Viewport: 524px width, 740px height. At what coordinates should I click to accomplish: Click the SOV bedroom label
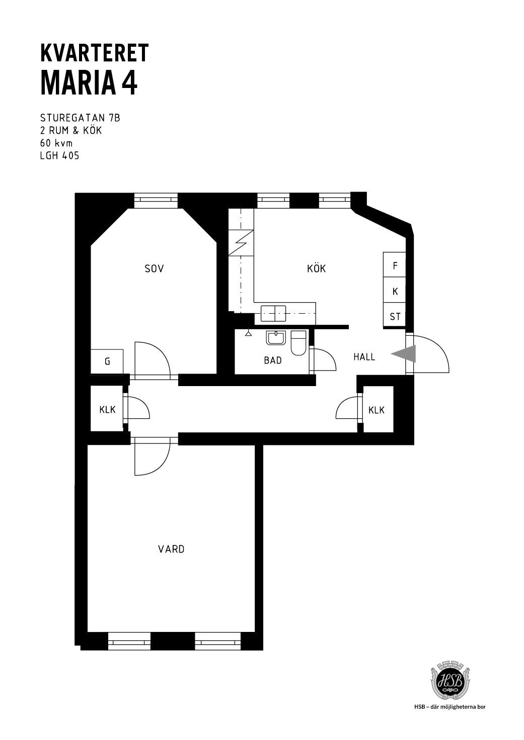pos(154,268)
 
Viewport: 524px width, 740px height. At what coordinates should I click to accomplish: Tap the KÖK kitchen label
pos(316,268)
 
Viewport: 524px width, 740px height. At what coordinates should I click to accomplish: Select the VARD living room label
pos(171,549)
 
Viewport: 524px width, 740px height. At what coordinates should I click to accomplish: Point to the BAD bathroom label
pos(273,360)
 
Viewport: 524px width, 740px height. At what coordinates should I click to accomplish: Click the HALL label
pos(364,357)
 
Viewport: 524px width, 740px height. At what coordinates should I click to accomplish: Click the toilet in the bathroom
pos(298,343)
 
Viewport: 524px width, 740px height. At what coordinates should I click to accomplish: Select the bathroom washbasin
pos(275,338)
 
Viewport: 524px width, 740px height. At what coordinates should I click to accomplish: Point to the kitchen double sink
pos(273,314)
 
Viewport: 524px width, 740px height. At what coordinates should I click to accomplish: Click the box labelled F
pos(394,264)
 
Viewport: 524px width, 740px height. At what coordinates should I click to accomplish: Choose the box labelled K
pos(394,290)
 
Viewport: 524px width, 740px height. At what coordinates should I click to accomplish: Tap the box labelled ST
pos(394,315)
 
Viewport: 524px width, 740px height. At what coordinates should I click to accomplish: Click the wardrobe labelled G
pos(107,362)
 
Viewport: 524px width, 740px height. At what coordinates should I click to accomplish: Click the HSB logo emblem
pos(450,683)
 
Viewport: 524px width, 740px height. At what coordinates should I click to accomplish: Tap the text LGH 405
pos(59,156)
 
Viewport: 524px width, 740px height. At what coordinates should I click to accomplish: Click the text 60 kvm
pos(56,143)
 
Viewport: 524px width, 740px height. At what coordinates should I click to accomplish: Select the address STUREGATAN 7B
pos(80,118)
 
